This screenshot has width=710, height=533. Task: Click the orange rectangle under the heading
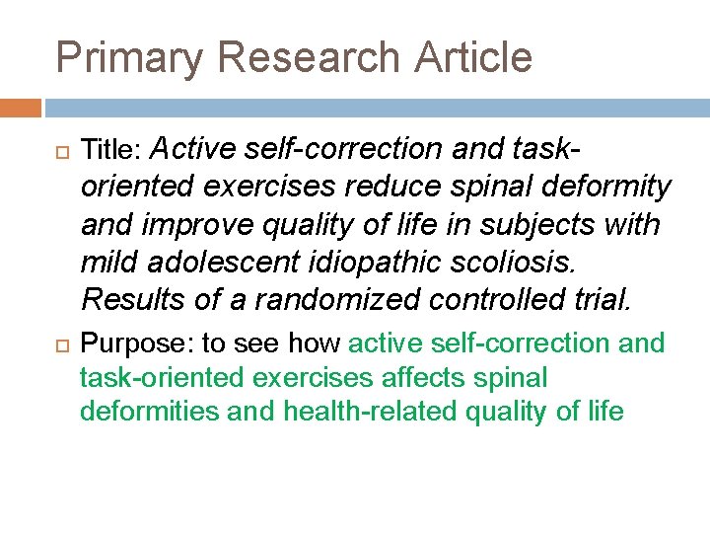(21, 108)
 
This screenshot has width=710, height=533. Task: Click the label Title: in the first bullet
(112, 150)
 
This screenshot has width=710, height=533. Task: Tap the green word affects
(430, 378)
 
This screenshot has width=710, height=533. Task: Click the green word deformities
(150, 412)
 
